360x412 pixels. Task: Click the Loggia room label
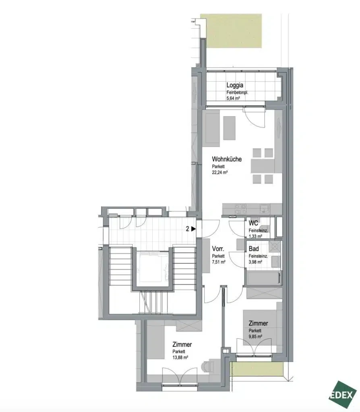tap(235, 85)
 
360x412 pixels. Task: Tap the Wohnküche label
tap(227, 159)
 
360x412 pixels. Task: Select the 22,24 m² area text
tap(219, 173)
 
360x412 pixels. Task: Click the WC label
tap(253, 223)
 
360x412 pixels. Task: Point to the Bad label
tap(254, 249)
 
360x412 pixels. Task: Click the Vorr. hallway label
tap(218, 249)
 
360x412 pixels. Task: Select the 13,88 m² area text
tap(180, 358)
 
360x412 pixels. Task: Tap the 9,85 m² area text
tap(255, 337)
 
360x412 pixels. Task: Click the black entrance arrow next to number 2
tap(194, 229)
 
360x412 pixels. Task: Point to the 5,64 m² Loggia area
tap(233, 99)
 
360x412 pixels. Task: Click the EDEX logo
tap(342, 394)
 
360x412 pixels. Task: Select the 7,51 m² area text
tap(219, 262)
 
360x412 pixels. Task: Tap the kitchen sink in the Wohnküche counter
tap(264, 209)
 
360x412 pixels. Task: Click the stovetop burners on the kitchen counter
tap(241, 209)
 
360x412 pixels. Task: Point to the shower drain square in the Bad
tap(274, 247)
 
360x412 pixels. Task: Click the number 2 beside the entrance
tap(188, 229)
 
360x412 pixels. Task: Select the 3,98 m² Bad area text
tap(255, 262)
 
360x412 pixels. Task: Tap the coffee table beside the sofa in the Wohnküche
tap(229, 128)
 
